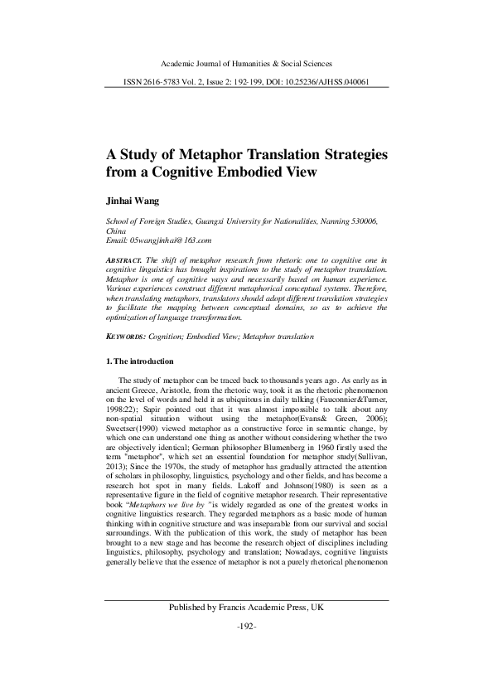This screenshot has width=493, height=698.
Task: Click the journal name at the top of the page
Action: pos(245,63)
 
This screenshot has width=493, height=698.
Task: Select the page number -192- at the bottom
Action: pos(246,648)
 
